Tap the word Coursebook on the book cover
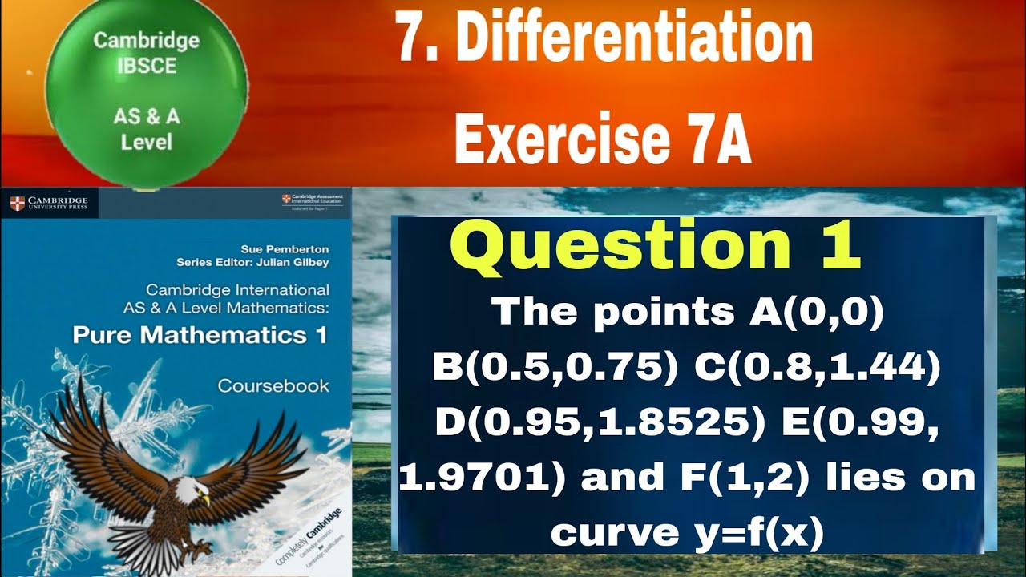click(273, 385)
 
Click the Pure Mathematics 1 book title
click(200, 334)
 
